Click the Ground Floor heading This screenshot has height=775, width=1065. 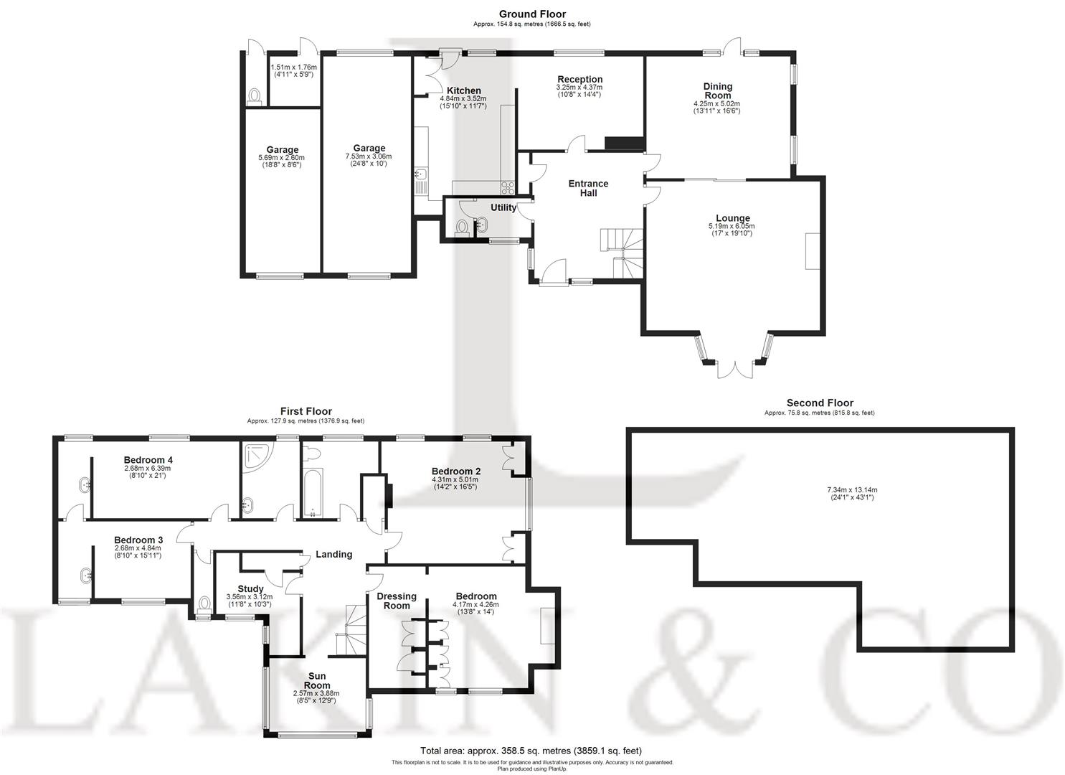click(532, 14)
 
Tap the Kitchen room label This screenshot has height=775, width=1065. click(463, 90)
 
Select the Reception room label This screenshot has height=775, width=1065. click(580, 79)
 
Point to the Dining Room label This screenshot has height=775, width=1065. click(716, 91)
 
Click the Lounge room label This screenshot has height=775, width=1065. click(732, 218)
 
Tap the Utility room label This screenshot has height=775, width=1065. click(503, 207)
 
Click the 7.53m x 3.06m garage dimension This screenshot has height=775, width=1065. click(369, 156)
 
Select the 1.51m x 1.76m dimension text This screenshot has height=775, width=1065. click(293, 67)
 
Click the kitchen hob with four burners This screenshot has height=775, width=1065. click(508, 188)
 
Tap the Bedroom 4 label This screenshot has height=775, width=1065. click(148, 460)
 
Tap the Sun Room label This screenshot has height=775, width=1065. click(316, 680)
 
